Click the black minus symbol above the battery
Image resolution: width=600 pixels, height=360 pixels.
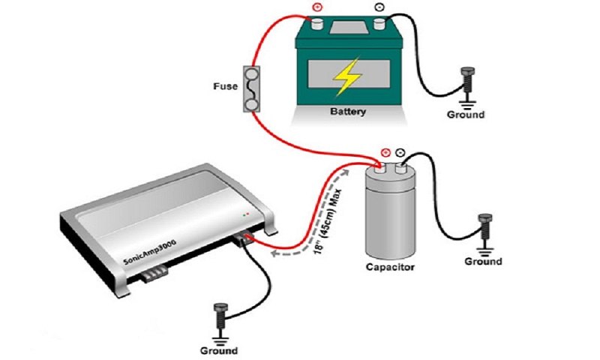(377, 10)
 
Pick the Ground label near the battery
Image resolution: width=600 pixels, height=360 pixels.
(466, 115)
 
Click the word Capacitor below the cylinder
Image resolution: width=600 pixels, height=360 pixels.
(390, 266)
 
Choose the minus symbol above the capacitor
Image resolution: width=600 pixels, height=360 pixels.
(401, 151)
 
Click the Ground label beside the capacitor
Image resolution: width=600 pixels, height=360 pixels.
(483, 262)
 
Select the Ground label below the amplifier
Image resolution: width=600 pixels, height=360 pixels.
(219, 350)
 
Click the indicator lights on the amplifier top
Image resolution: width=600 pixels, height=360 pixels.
(244, 214)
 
